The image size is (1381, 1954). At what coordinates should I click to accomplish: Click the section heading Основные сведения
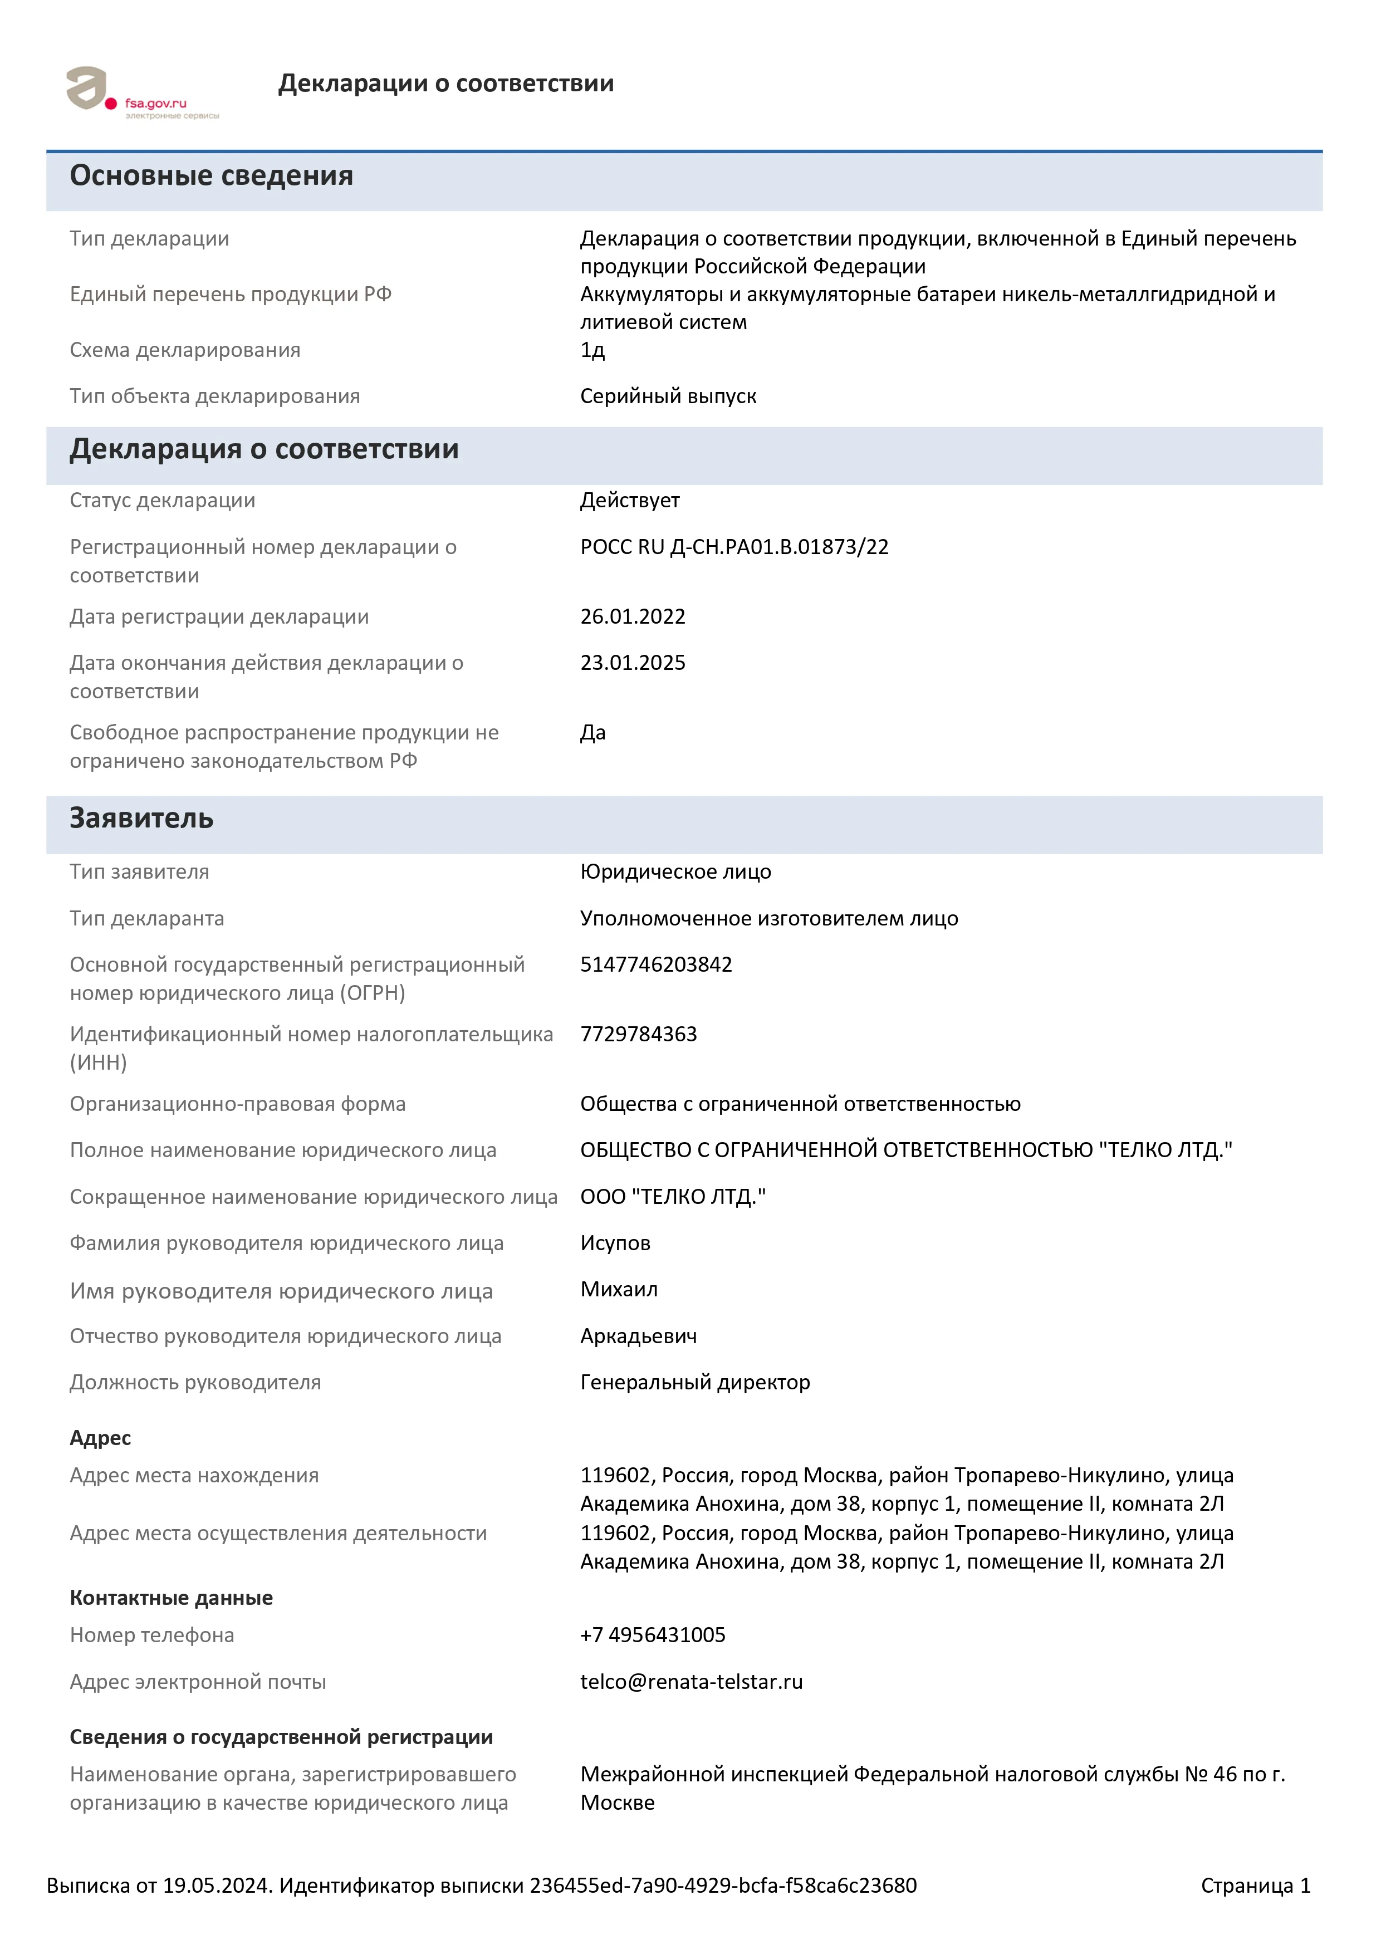211,175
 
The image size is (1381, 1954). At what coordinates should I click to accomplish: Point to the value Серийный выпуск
668,396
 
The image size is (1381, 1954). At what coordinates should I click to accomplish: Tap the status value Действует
630,501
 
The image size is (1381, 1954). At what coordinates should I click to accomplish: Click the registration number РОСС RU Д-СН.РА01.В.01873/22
734,547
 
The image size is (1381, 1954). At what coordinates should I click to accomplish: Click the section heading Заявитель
141,819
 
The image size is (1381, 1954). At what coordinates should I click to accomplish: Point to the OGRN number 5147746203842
656,964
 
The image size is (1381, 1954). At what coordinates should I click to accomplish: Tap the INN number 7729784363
638,1034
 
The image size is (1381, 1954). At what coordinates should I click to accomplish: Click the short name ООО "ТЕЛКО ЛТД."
673,1197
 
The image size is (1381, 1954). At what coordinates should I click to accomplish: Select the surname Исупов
615,1243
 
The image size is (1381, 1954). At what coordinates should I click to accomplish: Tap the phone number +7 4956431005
653,1635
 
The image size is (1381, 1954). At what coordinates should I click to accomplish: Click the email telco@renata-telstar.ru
691,1682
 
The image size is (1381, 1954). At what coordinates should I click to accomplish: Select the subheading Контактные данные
171,1598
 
